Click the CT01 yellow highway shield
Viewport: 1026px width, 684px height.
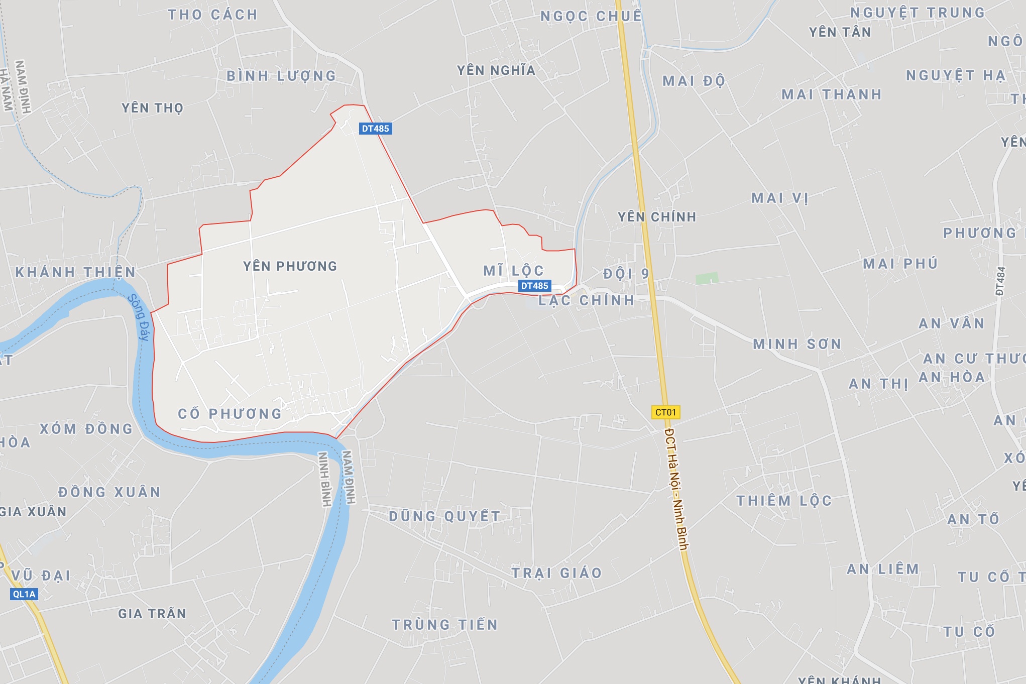(x=665, y=412)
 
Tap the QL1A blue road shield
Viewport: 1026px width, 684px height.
(x=24, y=594)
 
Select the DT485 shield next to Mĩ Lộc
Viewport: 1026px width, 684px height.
(x=534, y=286)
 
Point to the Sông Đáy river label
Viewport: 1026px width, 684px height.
(x=139, y=317)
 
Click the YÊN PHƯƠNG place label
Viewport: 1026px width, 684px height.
(x=290, y=266)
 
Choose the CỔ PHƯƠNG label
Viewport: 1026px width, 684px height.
(x=230, y=414)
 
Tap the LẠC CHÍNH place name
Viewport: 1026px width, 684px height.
(x=587, y=300)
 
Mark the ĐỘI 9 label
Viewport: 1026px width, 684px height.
(x=626, y=274)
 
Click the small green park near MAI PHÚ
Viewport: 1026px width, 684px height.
(x=707, y=278)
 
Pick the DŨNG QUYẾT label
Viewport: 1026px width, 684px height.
(x=444, y=516)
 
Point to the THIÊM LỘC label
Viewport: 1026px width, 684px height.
(x=784, y=501)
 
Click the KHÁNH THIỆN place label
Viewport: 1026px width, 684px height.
(x=75, y=272)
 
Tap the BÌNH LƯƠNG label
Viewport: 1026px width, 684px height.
(x=281, y=76)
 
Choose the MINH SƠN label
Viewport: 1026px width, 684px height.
(x=797, y=344)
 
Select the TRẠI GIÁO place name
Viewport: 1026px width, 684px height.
(x=556, y=573)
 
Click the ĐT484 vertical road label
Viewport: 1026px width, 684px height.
(x=1000, y=281)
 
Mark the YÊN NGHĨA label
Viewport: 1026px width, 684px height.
(x=496, y=70)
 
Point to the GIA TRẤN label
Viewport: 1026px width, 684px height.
(x=152, y=613)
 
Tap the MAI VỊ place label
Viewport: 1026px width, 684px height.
(x=780, y=198)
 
